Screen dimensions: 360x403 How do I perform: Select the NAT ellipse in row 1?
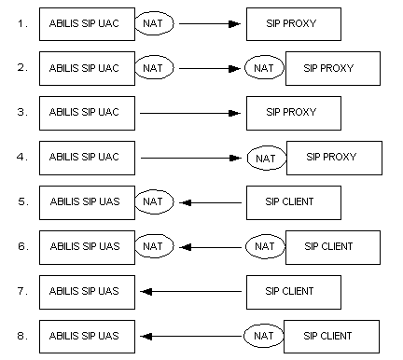(x=153, y=23)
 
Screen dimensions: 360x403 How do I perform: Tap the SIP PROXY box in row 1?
(x=293, y=23)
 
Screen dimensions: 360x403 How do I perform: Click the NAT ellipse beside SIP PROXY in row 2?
(x=264, y=68)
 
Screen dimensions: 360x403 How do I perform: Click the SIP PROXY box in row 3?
(x=293, y=113)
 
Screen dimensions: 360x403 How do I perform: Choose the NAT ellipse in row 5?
(x=153, y=201)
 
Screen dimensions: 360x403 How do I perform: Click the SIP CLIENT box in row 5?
(x=293, y=201)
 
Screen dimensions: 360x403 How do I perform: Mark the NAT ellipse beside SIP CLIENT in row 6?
(x=264, y=247)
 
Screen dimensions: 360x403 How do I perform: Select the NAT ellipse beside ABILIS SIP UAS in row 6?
(x=153, y=246)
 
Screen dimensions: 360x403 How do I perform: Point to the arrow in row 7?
(x=190, y=291)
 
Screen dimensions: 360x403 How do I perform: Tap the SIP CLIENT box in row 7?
(x=293, y=291)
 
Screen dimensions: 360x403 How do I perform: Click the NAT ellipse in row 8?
(x=264, y=336)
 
